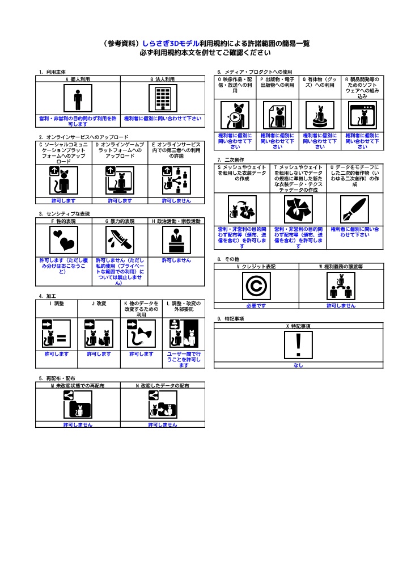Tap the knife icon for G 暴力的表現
tap(120, 240)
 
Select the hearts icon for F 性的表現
tap(63, 240)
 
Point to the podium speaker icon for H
tap(176, 240)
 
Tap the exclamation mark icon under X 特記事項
tap(299, 345)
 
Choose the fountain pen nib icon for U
tap(354, 210)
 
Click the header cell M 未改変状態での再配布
tap(78, 385)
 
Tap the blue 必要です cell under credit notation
tap(256, 306)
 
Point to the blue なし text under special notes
tap(299, 365)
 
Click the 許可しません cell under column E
tap(176, 201)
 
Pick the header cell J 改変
tap(99, 304)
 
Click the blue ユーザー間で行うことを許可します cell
tap(183, 360)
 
